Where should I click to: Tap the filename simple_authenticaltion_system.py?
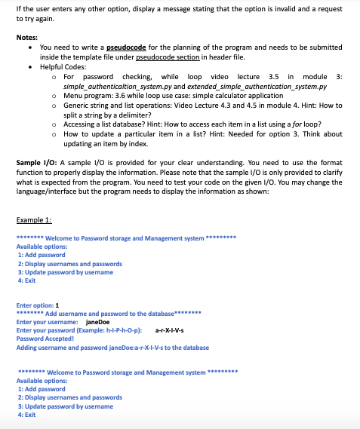(x=128, y=87)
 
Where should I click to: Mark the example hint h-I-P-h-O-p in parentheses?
(x=125, y=330)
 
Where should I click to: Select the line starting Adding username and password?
(x=112, y=348)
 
